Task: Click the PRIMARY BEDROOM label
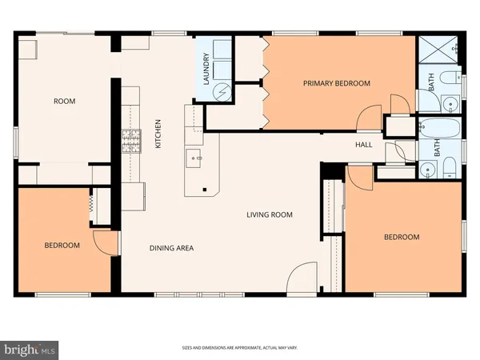tap(336, 83)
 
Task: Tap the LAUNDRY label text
tap(206, 69)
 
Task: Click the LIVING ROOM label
tap(269, 214)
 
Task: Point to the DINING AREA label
tap(171, 248)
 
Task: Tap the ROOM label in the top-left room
tap(64, 101)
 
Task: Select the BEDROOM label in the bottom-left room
tap(62, 246)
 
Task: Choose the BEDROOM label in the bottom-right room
tap(401, 237)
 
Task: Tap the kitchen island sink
tap(194, 158)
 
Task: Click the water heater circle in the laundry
tap(222, 91)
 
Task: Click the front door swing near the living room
tap(302, 278)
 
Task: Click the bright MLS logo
tap(30, 349)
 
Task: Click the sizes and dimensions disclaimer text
tap(239, 348)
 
